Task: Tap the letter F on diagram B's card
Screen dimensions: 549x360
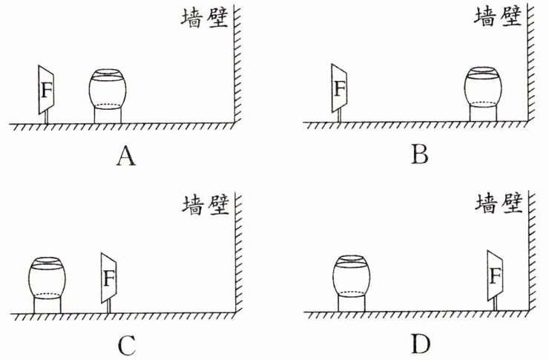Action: click(x=341, y=89)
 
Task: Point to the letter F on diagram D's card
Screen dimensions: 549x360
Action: click(x=495, y=277)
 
